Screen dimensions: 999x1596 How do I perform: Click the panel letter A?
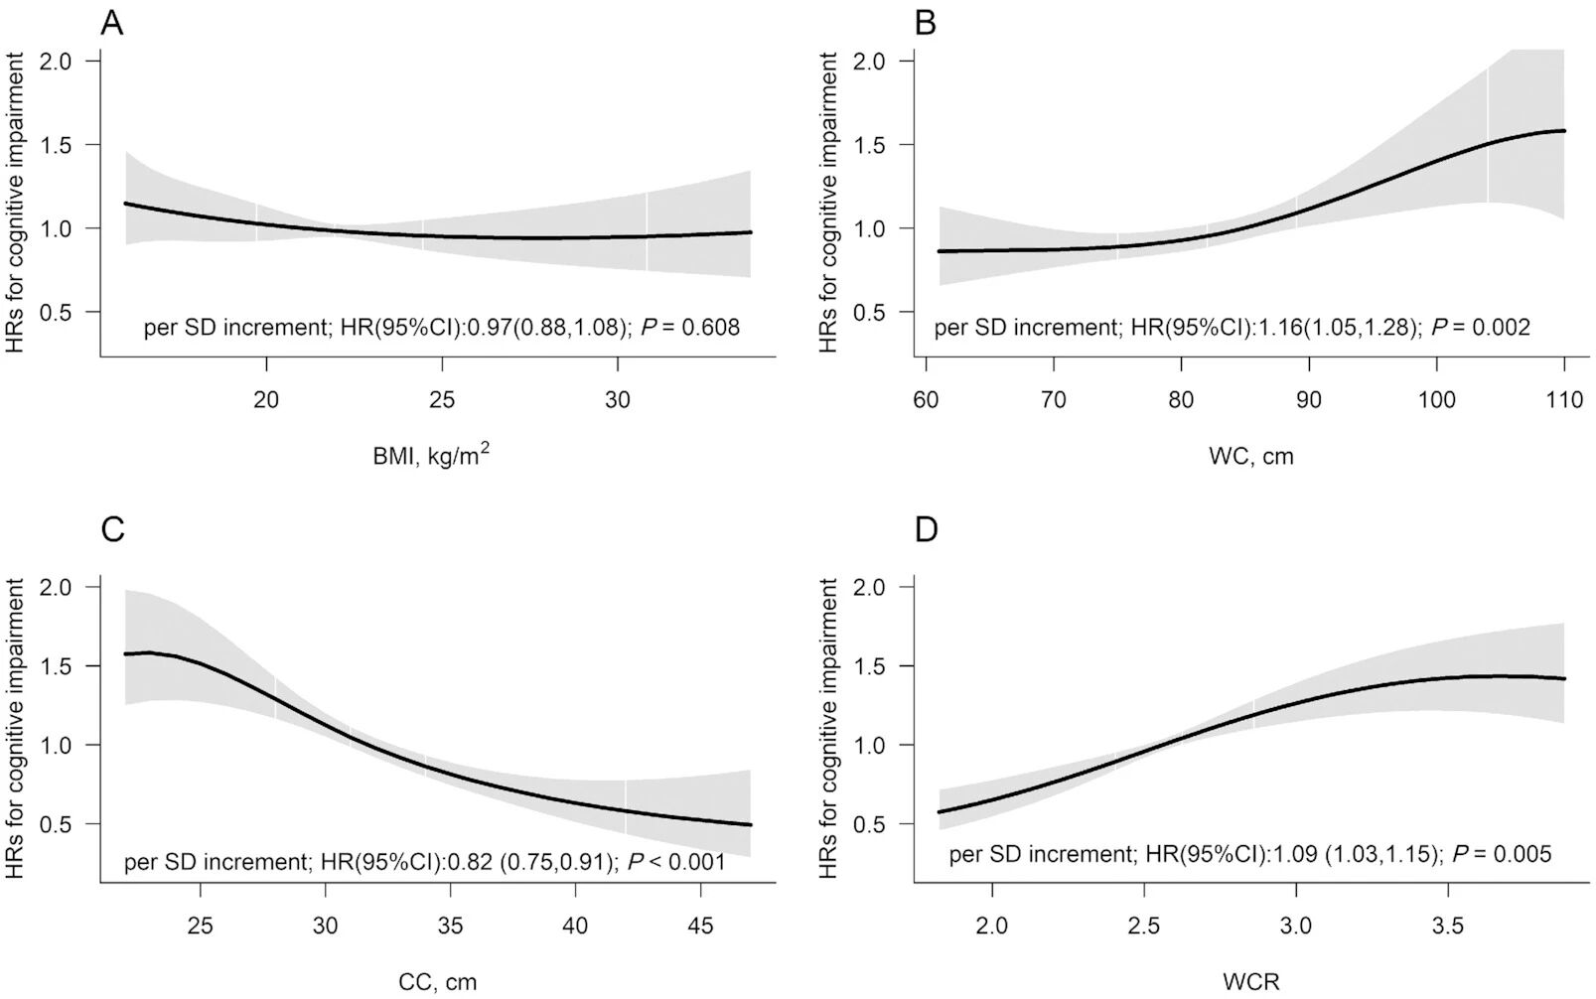click(x=112, y=22)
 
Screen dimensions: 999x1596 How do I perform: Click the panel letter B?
click(x=925, y=22)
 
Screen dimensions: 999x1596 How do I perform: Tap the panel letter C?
click(x=113, y=529)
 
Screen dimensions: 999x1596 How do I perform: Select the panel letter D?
click(x=926, y=529)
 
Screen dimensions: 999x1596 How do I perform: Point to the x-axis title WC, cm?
click(x=1250, y=456)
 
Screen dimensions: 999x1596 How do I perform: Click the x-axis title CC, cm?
click(x=437, y=982)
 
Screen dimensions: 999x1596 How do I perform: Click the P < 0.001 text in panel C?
click(x=676, y=861)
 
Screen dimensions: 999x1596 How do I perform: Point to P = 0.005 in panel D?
click(x=1502, y=853)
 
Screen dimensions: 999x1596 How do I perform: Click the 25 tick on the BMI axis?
click(x=442, y=399)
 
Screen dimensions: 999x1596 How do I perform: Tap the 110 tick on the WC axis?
click(x=1564, y=399)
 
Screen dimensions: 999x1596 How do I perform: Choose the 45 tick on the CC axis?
click(x=700, y=926)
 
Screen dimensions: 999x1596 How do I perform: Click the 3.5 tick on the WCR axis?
click(x=1449, y=926)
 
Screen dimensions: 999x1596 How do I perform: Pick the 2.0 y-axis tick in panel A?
click(x=58, y=61)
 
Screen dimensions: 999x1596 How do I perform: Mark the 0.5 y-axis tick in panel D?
click(x=870, y=824)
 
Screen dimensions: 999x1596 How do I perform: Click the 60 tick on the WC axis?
click(x=926, y=399)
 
